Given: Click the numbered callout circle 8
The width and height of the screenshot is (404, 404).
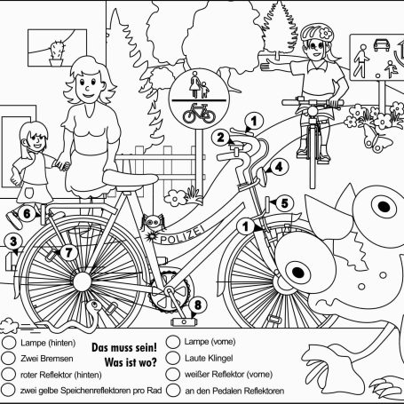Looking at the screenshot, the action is click(198, 305).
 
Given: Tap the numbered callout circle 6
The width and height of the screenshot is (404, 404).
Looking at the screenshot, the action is click(27, 213).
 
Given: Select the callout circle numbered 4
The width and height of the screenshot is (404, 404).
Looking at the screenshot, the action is click(279, 168).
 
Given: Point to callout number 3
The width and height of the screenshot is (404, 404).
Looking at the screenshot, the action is click(13, 242).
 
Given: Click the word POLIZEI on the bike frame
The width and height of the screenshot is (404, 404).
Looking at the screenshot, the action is click(183, 235).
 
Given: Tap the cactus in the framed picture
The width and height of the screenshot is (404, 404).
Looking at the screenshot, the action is click(56, 53).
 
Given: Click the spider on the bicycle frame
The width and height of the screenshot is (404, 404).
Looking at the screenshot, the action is click(153, 222).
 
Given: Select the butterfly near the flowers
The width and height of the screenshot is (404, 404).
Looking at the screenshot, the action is click(376, 139).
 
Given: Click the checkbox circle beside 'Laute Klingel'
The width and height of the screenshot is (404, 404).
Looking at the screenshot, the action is click(173, 358).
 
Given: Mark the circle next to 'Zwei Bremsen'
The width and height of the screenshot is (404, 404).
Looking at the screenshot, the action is click(8, 358).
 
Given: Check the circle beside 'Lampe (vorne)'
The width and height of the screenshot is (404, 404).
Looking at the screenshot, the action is click(173, 342).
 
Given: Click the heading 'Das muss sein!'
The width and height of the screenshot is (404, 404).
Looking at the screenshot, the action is click(124, 347).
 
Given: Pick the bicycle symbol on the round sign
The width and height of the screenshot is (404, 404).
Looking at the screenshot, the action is click(199, 114).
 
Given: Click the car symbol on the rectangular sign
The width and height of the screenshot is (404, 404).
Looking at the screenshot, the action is click(381, 45).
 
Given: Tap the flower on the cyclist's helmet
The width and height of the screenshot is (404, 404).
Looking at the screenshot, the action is click(326, 34).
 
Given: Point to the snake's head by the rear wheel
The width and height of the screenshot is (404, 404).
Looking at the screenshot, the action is click(95, 305).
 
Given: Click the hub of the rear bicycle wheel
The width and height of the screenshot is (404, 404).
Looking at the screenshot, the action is click(83, 281).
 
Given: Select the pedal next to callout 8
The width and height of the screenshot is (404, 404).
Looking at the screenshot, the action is click(184, 321).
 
